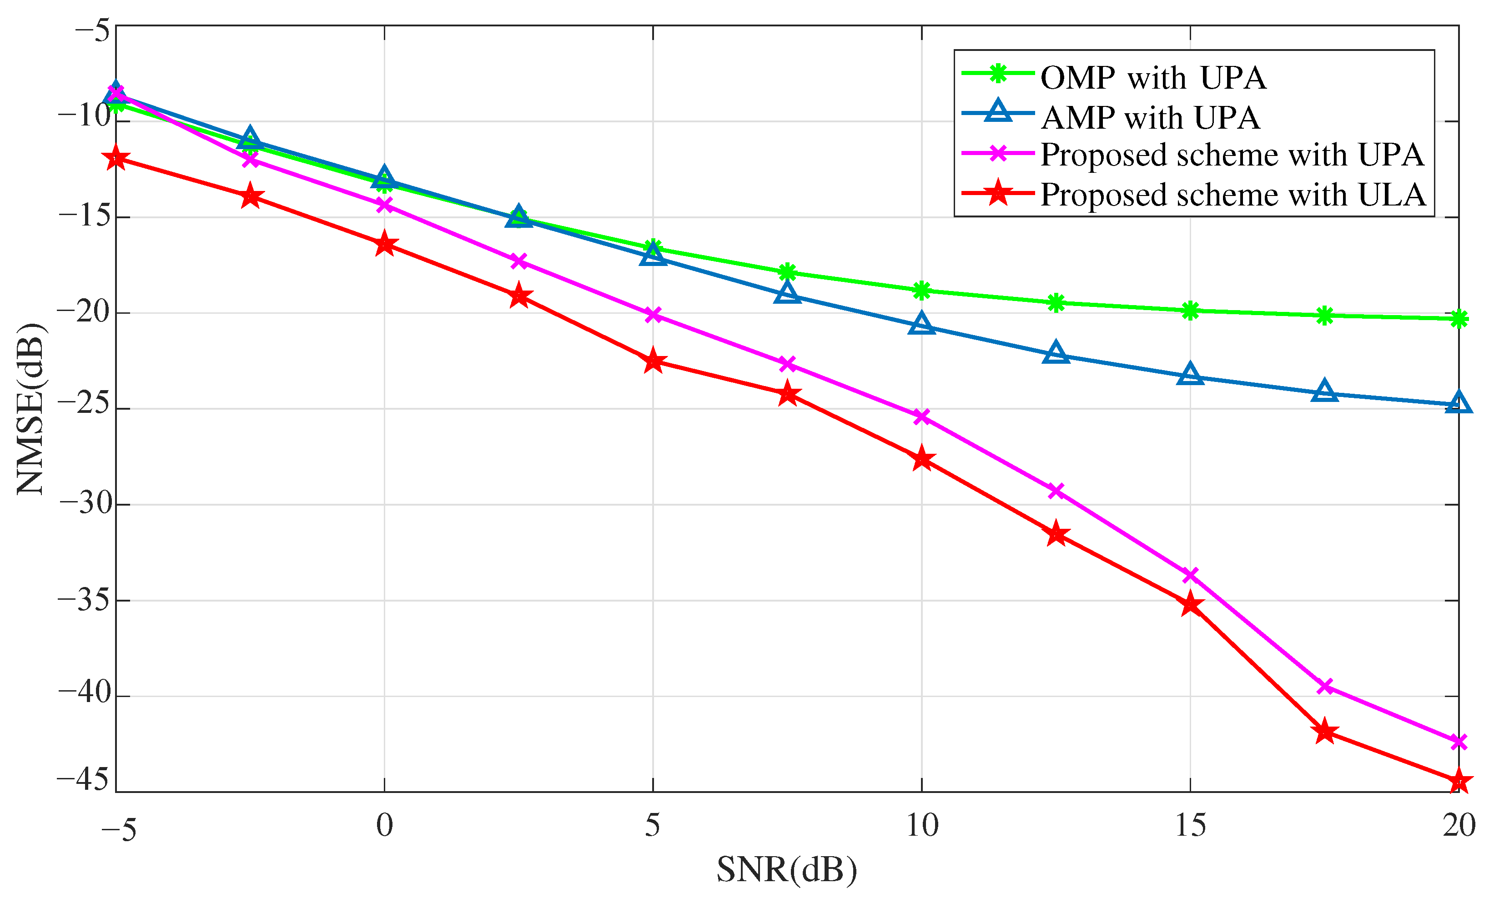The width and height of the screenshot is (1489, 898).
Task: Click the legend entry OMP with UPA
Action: coord(1152,78)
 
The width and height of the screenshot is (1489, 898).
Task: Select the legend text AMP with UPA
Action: coord(1151,117)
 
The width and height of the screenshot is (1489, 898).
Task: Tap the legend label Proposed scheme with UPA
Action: coord(1232,156)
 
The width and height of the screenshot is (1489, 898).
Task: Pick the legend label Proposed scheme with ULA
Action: coord(1233,195)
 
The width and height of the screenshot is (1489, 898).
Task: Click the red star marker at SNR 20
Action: coord(1458,781)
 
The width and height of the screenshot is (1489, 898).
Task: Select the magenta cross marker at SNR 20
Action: coord(1458,742)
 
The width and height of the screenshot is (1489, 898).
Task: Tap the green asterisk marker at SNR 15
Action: coord(1190,311)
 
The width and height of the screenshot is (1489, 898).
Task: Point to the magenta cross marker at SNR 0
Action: coord(384,206)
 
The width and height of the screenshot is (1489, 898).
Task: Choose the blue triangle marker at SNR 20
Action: coord(1458,403)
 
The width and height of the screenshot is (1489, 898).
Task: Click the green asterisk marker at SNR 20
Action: coord(1458,319)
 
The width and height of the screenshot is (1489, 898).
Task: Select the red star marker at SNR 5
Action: coord(653,361)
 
